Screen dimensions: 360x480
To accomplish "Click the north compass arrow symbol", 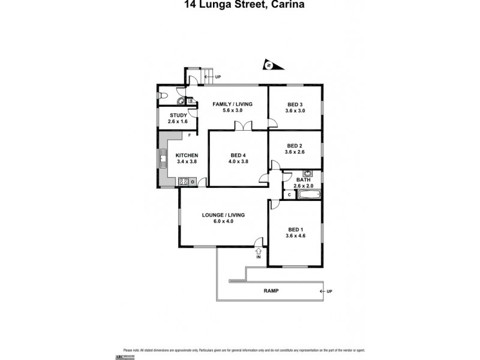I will [269, 65].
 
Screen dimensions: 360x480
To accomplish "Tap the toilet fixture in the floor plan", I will [163, 95].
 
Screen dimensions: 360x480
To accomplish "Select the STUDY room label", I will [178, 115].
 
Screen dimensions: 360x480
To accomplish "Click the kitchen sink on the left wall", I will [162, 159].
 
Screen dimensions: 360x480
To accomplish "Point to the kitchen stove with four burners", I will [184, 181].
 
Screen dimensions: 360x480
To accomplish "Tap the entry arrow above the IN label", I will [259, 251].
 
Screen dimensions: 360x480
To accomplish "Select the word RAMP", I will [271, 291].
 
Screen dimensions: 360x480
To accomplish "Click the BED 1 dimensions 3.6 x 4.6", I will [295, 236].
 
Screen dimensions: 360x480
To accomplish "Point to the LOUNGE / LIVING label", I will [224, 215].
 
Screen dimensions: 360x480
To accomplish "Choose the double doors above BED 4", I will [243, 127].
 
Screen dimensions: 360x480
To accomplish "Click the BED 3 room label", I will [295, 104].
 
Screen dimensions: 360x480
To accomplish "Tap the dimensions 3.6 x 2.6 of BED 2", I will [295, 152].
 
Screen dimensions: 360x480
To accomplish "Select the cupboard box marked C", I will [289, 194].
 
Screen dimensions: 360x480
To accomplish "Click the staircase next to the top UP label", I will [206, 75].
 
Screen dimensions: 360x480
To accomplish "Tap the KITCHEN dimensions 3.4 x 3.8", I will [187, 162].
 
